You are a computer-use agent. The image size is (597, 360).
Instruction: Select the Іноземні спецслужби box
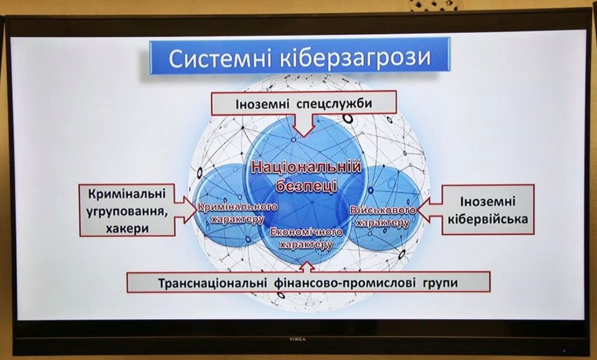coord(304,103)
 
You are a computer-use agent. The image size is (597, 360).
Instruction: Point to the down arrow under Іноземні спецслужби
coord(304,126)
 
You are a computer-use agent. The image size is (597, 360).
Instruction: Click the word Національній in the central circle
coord(307,168)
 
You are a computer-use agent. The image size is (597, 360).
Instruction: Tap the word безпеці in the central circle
coord(306,187)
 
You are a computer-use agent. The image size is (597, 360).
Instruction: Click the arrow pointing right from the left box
coord(185,210)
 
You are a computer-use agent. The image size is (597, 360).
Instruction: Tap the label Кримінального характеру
coord(237,213)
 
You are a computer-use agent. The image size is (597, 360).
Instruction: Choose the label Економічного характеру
coord(307,238)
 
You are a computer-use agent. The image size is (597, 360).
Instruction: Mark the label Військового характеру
coord(382,216)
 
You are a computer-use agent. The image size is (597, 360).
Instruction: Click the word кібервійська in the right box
coord(488,219)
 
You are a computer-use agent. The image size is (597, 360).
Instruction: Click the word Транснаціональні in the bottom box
coord(212,284)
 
